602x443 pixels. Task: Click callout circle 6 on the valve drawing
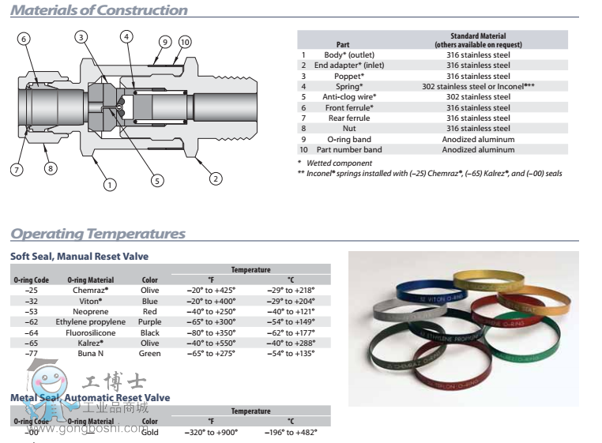click(24, 39)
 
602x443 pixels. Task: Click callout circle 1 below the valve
click(109, 185)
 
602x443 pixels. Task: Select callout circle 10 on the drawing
click(185, 42)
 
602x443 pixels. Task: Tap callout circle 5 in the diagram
click(157, 181)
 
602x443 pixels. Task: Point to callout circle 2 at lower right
click(215, 178)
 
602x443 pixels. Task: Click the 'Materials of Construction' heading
click(100, 10)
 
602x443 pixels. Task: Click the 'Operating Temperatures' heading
click(98, 234)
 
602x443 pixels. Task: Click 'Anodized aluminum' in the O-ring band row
click(478, 139)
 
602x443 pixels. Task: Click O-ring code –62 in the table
click(32, 321)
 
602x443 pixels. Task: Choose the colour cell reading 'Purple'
click(149, 321)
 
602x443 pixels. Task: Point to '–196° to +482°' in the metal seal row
click(290, 432)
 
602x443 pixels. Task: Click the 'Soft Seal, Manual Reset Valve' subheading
click(79, 257)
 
